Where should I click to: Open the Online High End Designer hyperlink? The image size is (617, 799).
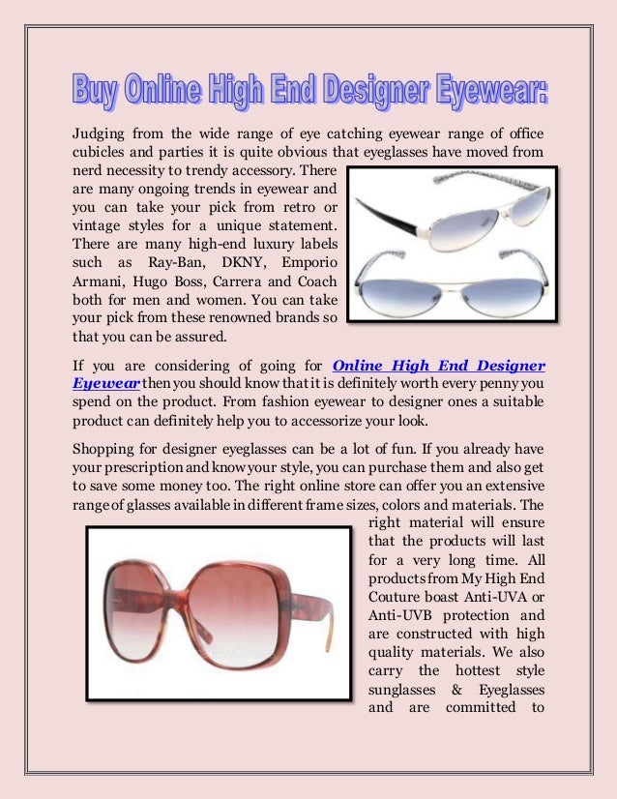[438, 365]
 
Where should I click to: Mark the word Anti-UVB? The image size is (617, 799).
[403, 614]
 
